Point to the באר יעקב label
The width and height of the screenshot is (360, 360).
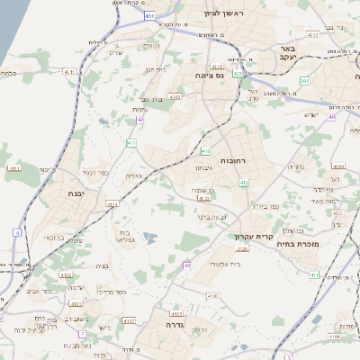(x=287, y=52)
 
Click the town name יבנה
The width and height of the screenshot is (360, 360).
(x=76, y=193)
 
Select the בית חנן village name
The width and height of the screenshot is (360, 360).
(x=155, y=69)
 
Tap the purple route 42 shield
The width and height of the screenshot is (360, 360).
(x=140, y=118)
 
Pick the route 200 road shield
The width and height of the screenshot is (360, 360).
(x=305, y=81)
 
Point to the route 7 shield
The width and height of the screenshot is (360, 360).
(x=82, y=333)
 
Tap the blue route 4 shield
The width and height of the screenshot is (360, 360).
(x=16, y=232)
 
